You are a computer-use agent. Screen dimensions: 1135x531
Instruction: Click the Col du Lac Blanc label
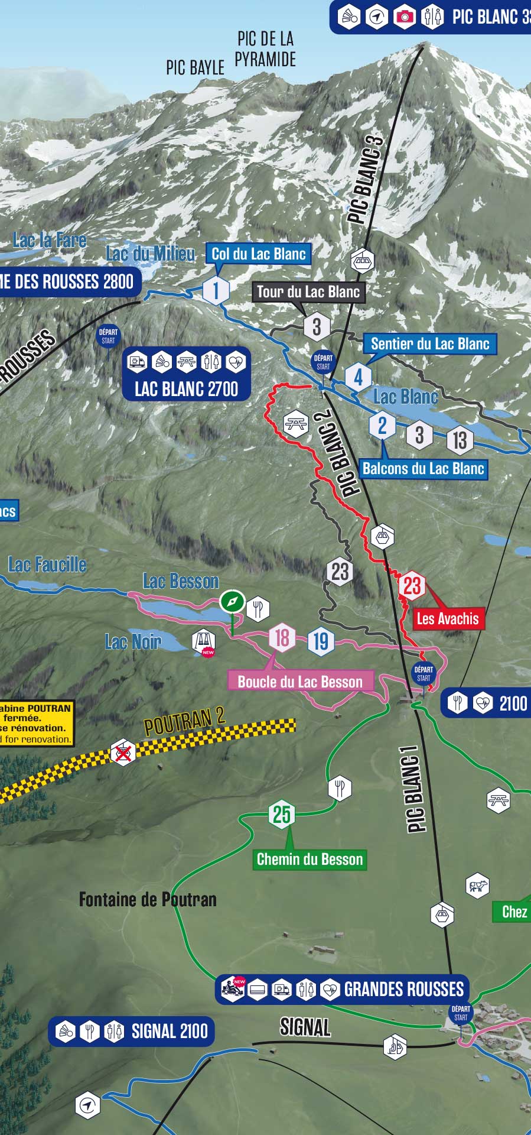pyautogui.click(x=259, y=254)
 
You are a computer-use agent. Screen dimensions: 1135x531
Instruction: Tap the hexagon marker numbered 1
pyautogui.click(x=216, y=290)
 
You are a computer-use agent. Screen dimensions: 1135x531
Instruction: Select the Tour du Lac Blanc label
pyautogui.click(x=308, y=291)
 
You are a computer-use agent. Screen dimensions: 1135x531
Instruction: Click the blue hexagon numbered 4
pyautogui.click(x=358, y=377)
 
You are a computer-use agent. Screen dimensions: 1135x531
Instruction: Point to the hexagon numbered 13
pyautogui.click(x=460, y=440)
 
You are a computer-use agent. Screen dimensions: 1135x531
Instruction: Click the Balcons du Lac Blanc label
pyautogui.click(x=423, y=469)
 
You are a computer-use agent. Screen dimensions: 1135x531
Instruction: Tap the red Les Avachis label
pyautogui.click(x=448, y=619)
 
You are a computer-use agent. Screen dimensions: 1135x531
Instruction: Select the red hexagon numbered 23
pyautogui.click(x=412, y=586)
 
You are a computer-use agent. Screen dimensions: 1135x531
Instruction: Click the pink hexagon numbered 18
pyautogui.click(x=282, y=638)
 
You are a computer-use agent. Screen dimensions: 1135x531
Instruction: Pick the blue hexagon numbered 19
pyautogui.click(x=321, y=641)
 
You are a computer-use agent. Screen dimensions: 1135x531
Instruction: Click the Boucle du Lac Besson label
pyautogui.click(x=300, y=682)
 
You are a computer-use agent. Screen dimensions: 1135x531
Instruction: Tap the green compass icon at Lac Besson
pyautogui.click(x=232, y=602)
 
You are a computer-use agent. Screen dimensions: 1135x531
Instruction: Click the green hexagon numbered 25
pyautogui.click(x=281, y=814)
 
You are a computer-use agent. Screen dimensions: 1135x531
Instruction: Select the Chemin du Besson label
pyautogui.click(x=310, y=859)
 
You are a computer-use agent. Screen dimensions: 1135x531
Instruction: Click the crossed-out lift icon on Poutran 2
pyautogui.click(x=123, y=753)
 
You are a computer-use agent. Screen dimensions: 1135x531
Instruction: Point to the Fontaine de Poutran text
pyautogui.click(x=148, y=900)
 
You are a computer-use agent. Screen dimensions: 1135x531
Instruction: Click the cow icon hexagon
pyautogui.click(x=477, y=886)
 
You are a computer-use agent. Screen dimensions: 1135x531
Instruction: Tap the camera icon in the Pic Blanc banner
pyautogui.click(x=405, y=17)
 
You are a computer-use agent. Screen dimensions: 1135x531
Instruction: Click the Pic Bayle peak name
pyautogui.click(x=195, y=67)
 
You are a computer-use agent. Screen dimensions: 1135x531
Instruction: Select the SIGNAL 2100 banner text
pyautogui.click(x=170, y=1032)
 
